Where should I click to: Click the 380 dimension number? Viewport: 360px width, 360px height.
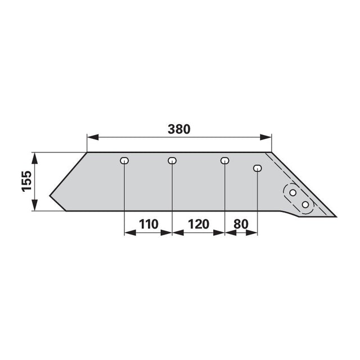[179, 129]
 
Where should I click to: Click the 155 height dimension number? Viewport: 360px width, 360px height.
[26, 181]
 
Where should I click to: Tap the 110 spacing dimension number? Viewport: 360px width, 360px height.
[148, 224]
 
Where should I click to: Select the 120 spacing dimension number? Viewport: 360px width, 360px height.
[199, 224]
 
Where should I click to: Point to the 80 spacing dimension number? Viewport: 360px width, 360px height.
[241, 224]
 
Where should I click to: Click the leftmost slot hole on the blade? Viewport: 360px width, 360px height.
[124, 160]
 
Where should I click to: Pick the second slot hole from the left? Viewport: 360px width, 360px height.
[172, 160]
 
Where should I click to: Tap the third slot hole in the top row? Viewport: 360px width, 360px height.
[225, 160]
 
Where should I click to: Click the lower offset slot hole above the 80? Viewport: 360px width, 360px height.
[258, 168]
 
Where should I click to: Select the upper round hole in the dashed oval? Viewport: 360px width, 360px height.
[292, 192]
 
